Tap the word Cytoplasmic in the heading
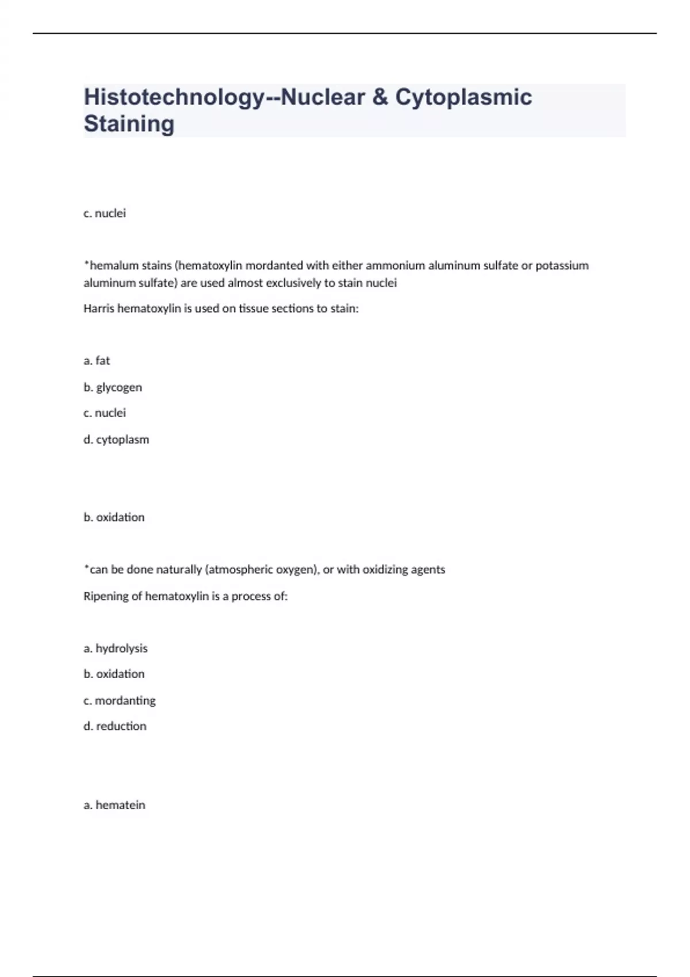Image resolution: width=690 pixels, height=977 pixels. pos(463,98)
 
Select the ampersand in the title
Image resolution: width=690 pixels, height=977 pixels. pos(380,98)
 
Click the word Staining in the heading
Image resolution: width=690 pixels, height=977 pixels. pos(129,124)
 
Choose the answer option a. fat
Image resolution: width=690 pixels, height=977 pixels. pos(97,361)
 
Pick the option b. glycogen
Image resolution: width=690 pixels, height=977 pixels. pos(113,387)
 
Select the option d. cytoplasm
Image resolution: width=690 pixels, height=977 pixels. pos(116,440)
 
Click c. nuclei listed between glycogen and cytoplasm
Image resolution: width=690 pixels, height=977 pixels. pos(105,413)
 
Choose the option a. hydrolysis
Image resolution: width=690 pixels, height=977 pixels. pos(116,648)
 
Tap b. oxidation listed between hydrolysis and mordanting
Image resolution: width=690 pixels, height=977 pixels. pos(114,674)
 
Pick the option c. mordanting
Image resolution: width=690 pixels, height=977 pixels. pos(120,701)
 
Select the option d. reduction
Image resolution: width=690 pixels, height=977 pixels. pos(115,726)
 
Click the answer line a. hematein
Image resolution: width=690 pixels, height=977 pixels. pos(114,805)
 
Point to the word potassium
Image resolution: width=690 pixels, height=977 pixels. pos(562,266)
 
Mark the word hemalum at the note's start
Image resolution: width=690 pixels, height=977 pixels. pos(114,266)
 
